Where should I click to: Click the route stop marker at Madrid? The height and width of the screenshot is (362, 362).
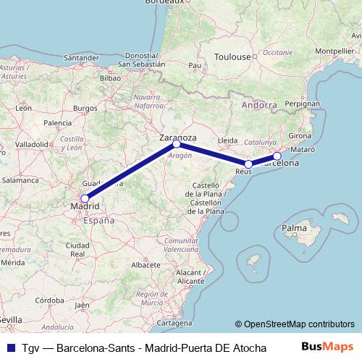[x=85, y=198]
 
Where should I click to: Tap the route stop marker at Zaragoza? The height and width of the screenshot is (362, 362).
[x=177, y=144]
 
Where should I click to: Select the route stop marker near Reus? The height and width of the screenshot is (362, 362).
[x=248, y=164]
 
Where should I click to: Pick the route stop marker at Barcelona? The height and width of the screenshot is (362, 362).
[x=277, y=156]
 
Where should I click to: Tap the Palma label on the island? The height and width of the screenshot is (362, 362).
[x=294, y=229]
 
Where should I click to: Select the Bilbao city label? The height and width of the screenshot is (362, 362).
[x=109, y=77]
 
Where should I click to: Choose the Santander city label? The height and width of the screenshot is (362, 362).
[x=81, y=57]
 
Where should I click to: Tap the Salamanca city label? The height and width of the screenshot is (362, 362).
[x=20, y=179]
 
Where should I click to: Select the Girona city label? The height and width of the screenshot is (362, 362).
[x=300, y=135]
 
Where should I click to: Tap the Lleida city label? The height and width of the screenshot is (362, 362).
[x=227, y=140]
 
